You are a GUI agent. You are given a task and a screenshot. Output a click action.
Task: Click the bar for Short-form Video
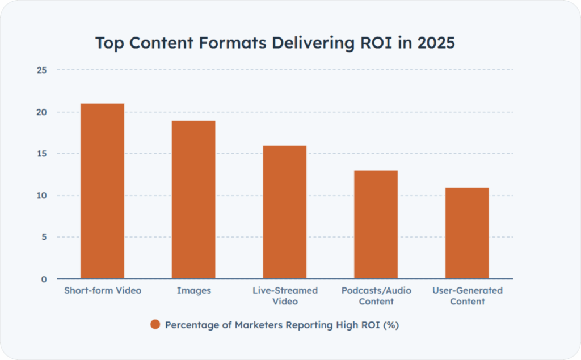(102, 191)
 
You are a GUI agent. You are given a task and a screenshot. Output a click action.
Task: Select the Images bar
(193, 200)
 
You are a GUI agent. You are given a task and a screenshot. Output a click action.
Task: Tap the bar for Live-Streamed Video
(285, 212)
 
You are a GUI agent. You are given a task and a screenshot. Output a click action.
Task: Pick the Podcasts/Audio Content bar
(376, 225)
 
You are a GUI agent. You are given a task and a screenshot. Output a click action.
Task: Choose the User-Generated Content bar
(467, 233)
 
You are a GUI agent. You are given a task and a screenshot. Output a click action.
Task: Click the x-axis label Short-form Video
(102, 291)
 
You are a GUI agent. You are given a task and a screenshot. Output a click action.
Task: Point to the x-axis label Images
(193, 291)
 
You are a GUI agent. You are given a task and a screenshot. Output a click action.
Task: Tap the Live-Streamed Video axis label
(285, 296)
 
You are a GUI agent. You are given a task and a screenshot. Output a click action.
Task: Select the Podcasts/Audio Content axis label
(376, 296)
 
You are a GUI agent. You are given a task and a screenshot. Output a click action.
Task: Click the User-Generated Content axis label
(468, 296)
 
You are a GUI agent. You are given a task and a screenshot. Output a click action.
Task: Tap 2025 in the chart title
(435, 44)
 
